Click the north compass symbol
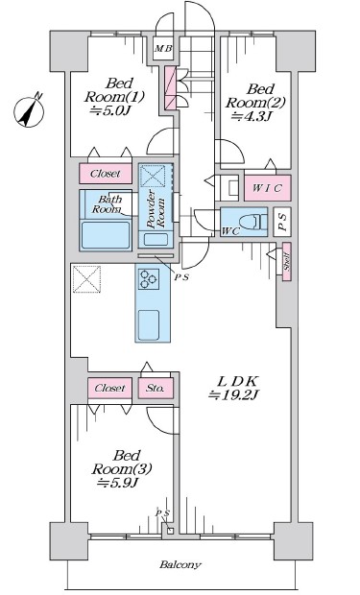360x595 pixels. coord(29,110)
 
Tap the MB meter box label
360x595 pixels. coord(163,49)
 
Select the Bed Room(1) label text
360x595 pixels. coord(114,90)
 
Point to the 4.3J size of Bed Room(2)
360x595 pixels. coord(251,116)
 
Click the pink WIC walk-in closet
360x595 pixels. coord(267,188)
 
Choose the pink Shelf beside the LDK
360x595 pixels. coord(287,261)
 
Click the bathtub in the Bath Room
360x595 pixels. coord(106,235)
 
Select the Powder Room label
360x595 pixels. coord(156,209)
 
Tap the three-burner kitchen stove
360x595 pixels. coord(148,279)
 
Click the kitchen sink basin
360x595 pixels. coord(149,325)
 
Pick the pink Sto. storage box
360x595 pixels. coord(156,389)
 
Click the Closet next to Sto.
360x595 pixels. coord(110,389)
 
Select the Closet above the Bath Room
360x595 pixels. coord(106,174)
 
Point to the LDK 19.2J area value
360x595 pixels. coord(233,395)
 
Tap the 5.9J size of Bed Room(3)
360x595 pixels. coord(117,483)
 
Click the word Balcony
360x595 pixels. coord(180,564)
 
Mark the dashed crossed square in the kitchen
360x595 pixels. coord(87,279)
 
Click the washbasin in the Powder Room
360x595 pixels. coord(156,240)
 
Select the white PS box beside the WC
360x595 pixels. coord(282,222)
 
